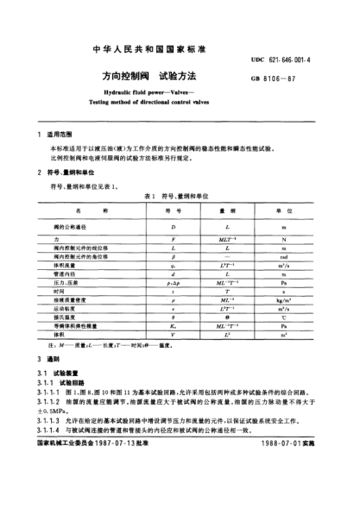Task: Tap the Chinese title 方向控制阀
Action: point(123,75)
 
